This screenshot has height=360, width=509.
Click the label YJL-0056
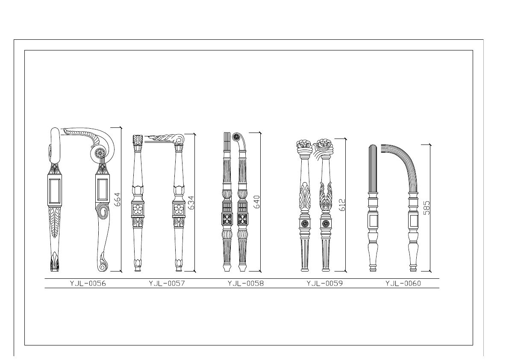click(x=88, y=283)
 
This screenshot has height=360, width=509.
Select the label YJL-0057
click(x=167, y=283)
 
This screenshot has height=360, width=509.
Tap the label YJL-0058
click(x=246, y=283)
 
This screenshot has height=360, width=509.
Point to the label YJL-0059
click(x=325, y=283)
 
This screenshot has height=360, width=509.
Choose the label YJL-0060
click(x=403, y=283)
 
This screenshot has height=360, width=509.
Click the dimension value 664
click(x=118, y=200)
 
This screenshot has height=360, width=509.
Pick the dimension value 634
click(x=191, y=203)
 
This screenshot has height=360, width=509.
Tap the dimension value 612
click(x=342, y=205)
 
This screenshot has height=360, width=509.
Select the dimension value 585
click(x=427, y=208)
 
